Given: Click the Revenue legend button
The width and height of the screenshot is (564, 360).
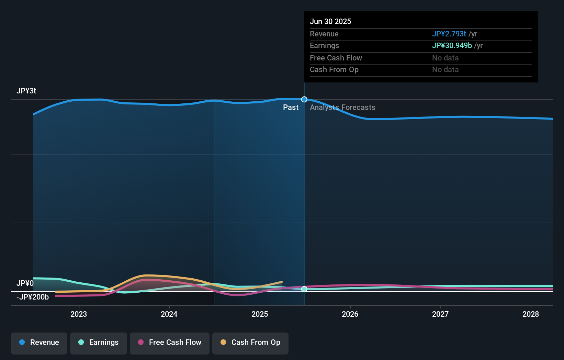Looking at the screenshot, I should [x=39, y=343].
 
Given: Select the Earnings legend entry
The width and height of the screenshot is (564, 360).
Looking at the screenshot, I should [x=99, y=343].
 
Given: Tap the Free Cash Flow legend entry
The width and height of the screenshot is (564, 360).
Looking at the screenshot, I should [x=170, y=343].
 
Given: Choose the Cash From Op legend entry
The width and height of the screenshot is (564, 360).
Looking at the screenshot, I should [x=250, y=343].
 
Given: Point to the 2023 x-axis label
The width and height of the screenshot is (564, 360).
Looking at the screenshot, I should [x=79, y=314].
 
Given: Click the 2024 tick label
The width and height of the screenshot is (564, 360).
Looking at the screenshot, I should [x=169, y=314].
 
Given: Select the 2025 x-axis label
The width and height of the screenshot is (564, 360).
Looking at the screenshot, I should [x=260, y=314].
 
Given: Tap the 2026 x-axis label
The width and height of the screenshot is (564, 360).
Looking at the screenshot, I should [x=350, y=314].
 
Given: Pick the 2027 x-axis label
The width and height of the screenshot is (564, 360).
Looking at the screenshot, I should [x=440, y=314].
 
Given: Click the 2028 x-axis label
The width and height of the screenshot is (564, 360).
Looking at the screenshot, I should [x=531, y=314].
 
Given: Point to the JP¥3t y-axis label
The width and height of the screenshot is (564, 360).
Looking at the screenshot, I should [x=26, y=91].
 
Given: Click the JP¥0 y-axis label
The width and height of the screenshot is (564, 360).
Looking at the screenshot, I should [x=25, y=283].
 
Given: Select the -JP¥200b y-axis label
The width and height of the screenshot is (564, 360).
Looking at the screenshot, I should [x=33, y=297].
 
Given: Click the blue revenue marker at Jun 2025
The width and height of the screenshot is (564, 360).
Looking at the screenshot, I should [x=304, y=100].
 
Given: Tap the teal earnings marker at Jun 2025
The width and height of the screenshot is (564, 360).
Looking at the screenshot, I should [x=304, y=289].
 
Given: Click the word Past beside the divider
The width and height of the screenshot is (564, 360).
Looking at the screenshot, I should [x=291, y=108].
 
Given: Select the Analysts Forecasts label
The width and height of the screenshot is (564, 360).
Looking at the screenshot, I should [x=342, y=108].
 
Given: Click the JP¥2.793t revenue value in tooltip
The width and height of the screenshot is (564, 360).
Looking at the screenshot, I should [x=449, y=34].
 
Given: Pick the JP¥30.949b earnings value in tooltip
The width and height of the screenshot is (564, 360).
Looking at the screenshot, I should [x=452, y=46].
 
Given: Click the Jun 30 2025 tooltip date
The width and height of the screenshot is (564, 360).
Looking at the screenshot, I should [x=330, y=22].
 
